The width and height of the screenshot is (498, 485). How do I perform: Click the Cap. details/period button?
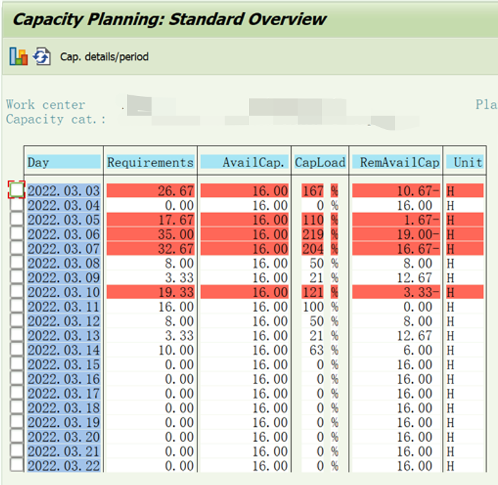tap(104, 57)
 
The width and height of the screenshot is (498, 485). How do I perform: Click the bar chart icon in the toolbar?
tap(18, 57)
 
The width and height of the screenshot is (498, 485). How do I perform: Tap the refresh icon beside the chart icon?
tap(42, 57)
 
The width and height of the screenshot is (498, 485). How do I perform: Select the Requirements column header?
tap(150, 162)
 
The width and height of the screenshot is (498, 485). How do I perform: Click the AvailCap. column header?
tap(244, 162)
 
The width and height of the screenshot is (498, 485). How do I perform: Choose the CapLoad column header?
tap(320, 162)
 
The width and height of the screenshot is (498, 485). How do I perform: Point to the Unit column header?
tap(468, 162)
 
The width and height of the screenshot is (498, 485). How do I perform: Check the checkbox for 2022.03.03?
tap(17, 190)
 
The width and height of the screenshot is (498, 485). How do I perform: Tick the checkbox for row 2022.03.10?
tap(17, 292)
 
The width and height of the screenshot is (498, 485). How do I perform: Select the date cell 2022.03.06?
tap(64, 234)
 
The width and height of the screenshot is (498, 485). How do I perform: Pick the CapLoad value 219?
tap(313, 234)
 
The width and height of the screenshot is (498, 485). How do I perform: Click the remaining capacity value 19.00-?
tap(414, 234)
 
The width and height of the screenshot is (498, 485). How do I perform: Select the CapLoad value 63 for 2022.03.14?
tap(317, 350)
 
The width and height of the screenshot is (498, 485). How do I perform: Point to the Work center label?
tap(45, 105)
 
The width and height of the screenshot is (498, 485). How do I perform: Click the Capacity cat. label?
tap(55, 119)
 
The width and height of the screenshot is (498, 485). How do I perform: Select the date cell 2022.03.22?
tap(64, 466)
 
